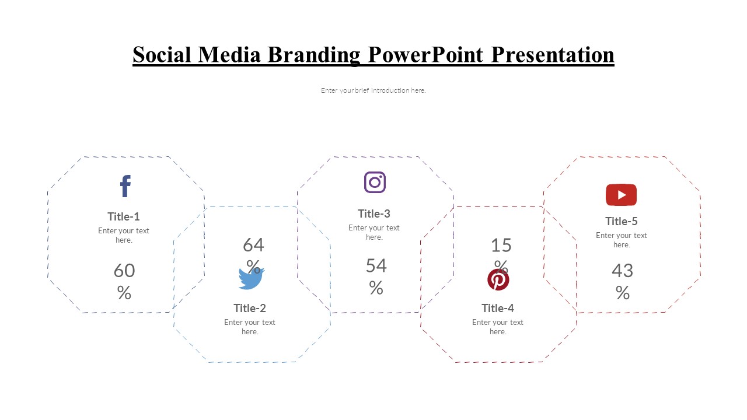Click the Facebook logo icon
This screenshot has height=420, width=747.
coord(125,186)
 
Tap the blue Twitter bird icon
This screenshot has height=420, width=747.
coord(251,278)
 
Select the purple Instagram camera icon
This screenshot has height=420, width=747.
coord(375,183)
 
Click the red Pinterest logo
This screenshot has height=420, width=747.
coord(498,280)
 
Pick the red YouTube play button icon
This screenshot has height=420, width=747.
coord(621,195)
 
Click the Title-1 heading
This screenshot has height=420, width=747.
coord(124,216)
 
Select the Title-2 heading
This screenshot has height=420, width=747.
coord(250,308)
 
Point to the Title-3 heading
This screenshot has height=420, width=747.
coord(374,213)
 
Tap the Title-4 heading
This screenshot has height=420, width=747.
coord(498,308)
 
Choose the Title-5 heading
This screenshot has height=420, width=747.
coord(622,221)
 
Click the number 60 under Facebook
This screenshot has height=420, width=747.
coord(124,271)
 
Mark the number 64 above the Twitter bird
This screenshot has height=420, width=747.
coord(253,244)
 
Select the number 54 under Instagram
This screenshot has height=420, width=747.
coord(376,266)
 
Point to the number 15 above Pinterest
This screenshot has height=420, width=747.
coord(501,245)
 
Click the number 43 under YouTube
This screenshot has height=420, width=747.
coord(622,271)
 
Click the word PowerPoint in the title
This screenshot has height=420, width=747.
coord(425,55)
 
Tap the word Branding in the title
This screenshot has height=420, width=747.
coord(314,55)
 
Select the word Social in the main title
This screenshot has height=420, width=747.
coord(162,55)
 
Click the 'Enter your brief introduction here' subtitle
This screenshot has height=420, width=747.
coord(373,90)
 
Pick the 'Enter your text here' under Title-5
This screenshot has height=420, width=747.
coord(622,240)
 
